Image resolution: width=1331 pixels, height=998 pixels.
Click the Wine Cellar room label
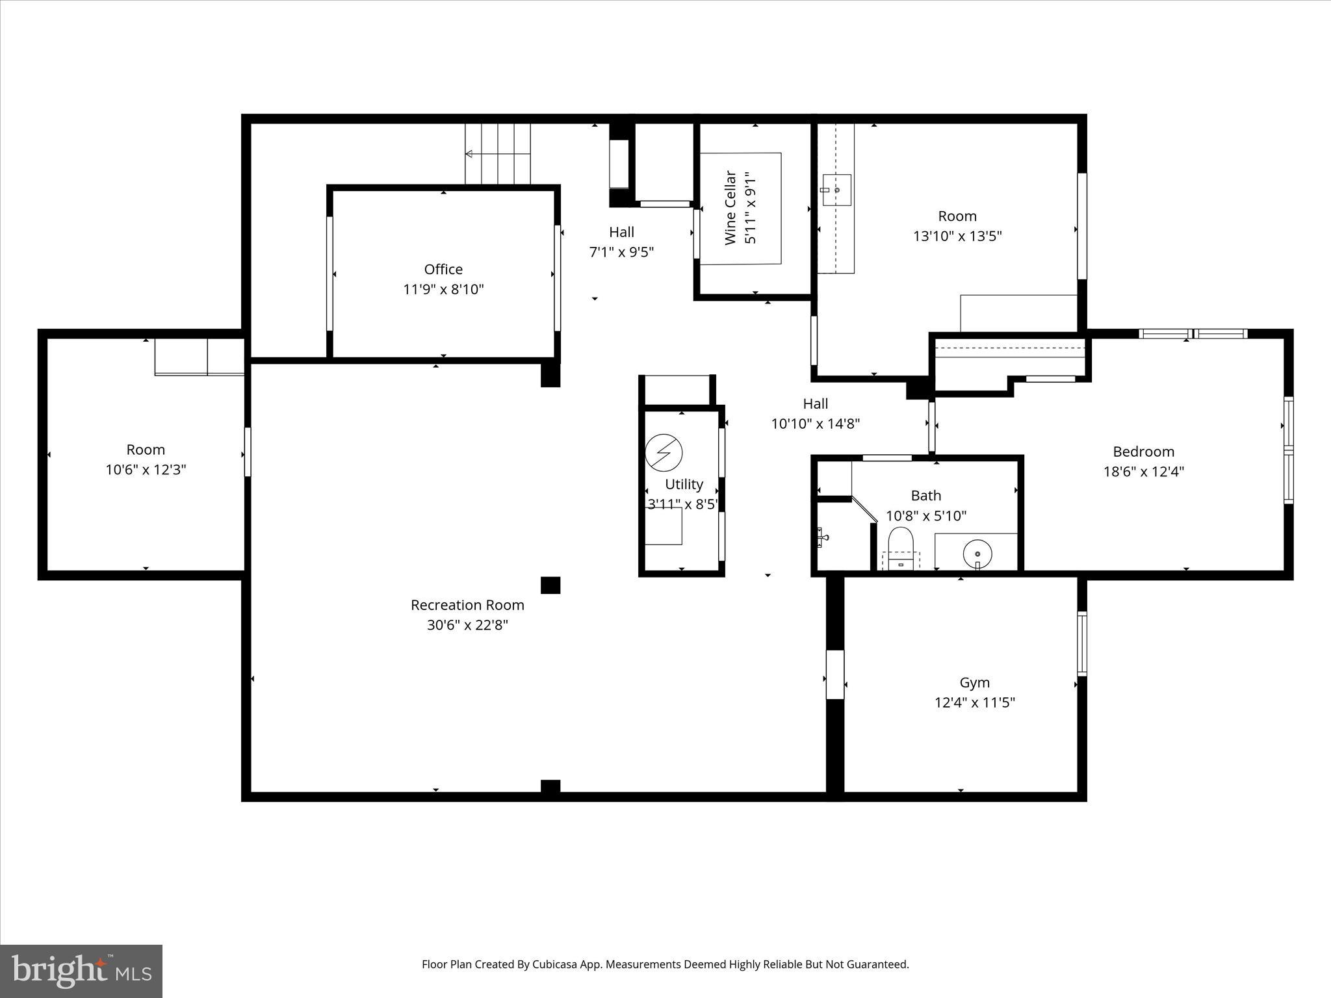[x=730, y=208]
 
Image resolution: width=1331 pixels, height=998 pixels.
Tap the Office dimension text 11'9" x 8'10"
[x=443, y=289]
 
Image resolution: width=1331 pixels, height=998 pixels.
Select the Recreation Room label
[x=467, y=605]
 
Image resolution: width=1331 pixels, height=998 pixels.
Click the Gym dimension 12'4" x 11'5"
[x=974, y=702]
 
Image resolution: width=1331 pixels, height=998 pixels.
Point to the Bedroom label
[x=1143, y=452]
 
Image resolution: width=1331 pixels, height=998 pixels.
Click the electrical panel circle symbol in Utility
[x=664, y=452]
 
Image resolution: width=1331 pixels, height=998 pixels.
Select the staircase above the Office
[x=498, y=153]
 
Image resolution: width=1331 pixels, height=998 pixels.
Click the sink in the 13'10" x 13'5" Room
[x=836, y=189]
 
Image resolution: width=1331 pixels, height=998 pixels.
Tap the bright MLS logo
[x=81, y=971]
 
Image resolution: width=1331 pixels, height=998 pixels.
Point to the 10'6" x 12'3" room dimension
[x=146, y=469]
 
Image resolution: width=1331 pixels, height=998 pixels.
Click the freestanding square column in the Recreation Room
[x=550, y=585]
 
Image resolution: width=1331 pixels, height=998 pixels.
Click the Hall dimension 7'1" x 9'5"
[x=621, y=252]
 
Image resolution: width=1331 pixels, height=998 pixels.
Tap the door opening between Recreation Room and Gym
[x=835, y=674]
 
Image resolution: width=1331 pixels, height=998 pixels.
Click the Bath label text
[x=925, y=496]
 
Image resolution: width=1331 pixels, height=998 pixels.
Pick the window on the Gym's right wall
[x=1081, y=643]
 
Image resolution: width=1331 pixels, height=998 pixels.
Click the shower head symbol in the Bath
[x=823, y=537]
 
